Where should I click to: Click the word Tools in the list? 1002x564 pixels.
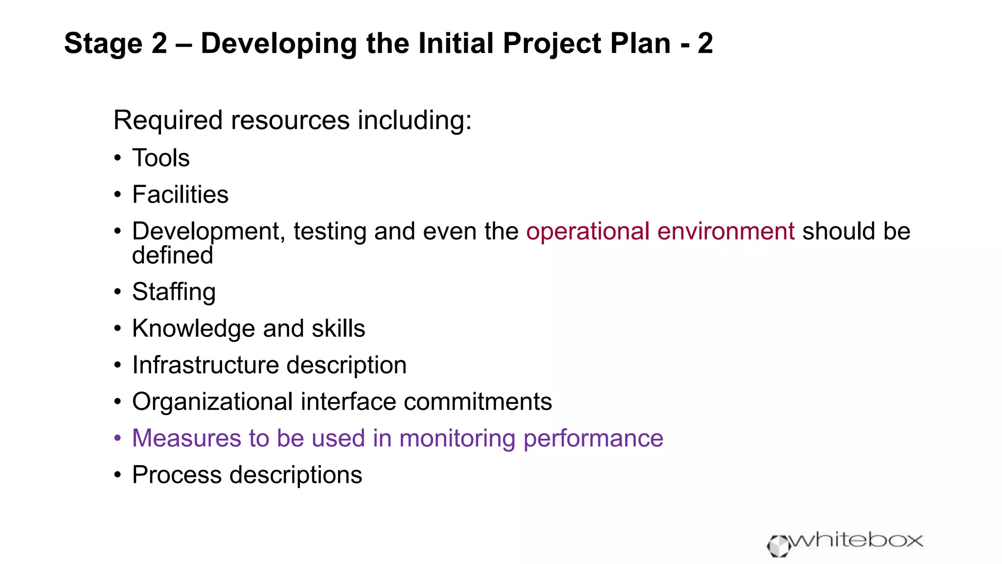tap(160, 158)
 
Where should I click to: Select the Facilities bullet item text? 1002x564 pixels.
tap(180, 195)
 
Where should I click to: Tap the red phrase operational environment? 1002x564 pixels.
tap(660, 231)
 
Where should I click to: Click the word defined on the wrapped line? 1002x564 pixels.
tap(173, 256)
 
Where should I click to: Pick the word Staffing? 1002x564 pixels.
tap(174, 292)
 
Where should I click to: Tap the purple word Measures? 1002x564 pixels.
tap(186, 438)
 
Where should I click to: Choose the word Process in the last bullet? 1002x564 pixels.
tap(177, 475)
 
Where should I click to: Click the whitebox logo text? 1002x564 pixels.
tap(856, 540)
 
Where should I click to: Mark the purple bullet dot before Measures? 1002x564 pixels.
tap(117, 438)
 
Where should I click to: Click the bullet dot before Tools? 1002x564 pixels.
tap(117, 159)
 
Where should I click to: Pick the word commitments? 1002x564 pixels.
tap(478, 402)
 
